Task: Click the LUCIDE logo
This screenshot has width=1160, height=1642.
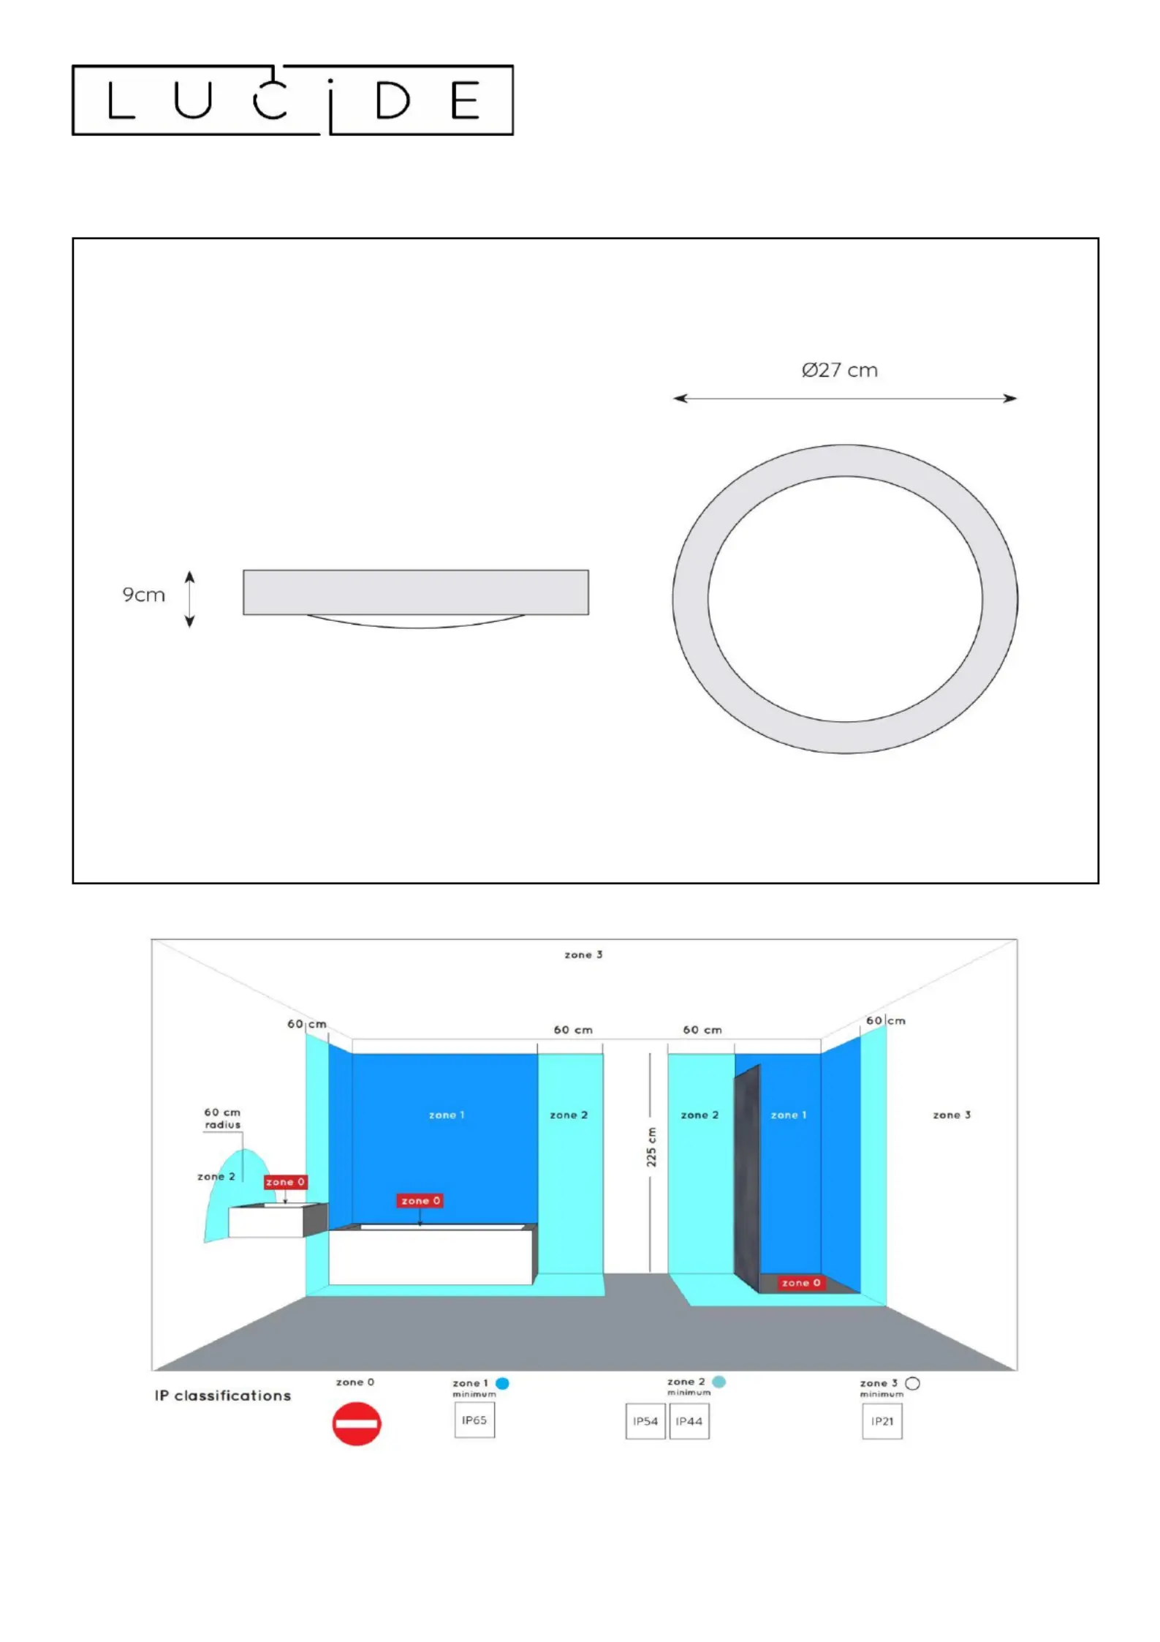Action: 292,100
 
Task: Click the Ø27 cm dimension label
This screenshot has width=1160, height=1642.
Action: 839,370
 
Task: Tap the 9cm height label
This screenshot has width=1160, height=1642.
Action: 143,595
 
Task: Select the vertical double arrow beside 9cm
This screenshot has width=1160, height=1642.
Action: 189,599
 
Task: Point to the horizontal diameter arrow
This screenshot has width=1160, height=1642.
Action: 845,399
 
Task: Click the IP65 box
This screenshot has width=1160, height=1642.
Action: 474,1420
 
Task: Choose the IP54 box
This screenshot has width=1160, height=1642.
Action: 645,1422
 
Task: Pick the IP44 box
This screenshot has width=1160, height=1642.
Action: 689,1422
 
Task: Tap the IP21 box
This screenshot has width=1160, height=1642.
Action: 882,1422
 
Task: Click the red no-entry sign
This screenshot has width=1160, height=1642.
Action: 357,1423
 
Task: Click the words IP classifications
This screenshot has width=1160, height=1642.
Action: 223,1396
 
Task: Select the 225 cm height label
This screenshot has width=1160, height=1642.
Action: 651,1147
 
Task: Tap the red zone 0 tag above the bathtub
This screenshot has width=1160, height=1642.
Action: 420,1201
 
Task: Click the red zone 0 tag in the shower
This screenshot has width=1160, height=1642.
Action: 801,1283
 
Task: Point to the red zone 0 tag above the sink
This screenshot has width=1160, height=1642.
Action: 286,1182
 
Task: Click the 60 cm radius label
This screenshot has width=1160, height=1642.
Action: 222,1118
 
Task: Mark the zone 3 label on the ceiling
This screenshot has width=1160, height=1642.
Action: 583,954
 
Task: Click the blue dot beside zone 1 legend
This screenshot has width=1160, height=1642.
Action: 502,1383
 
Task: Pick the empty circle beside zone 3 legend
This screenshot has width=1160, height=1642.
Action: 912,1383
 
